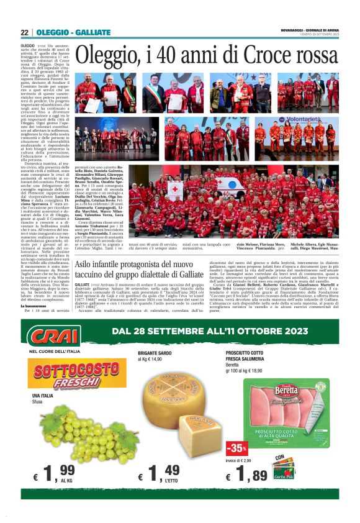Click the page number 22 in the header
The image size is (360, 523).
pos(24,32)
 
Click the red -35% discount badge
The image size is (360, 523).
pos(236,447)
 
